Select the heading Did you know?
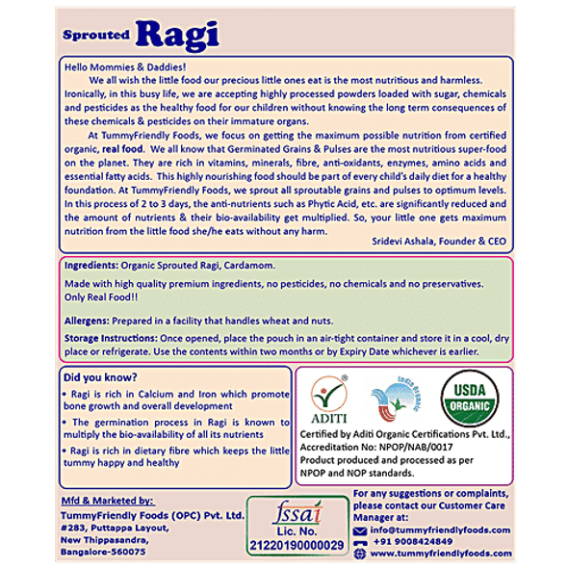(x=98, y=376)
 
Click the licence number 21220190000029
(x=296, y=545)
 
